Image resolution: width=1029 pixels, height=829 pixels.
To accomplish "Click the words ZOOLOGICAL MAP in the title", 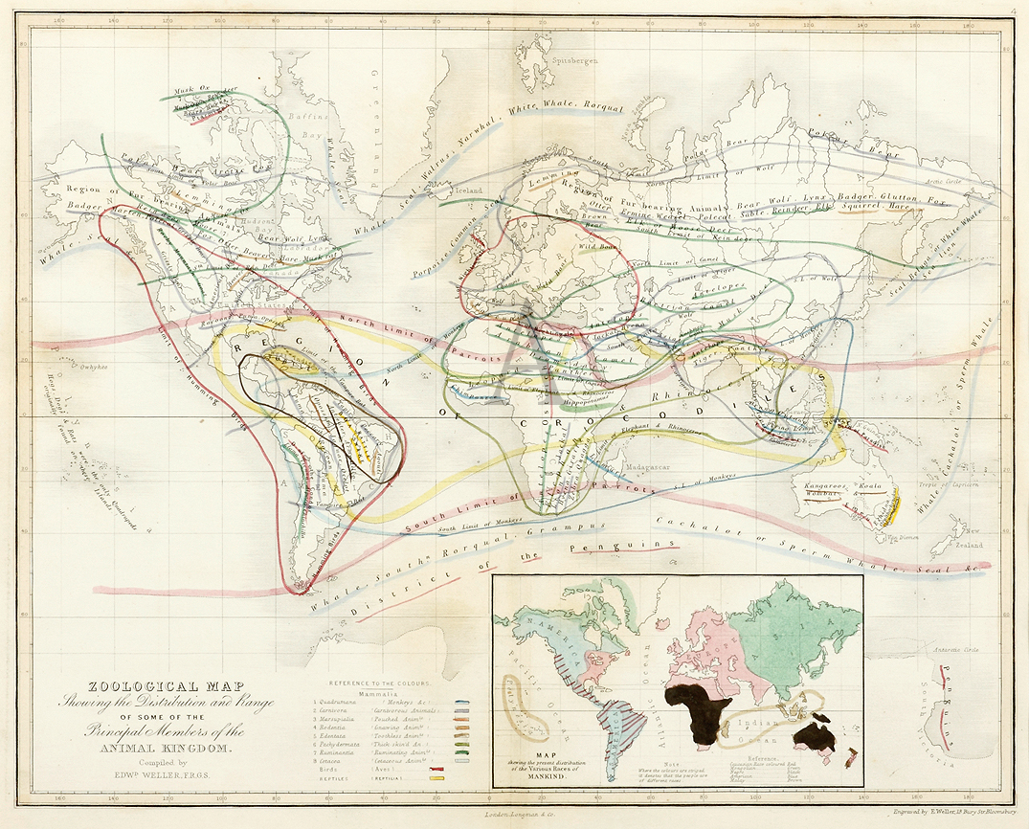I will coord(154,686).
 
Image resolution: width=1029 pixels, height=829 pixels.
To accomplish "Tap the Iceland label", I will coord(468,190).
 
